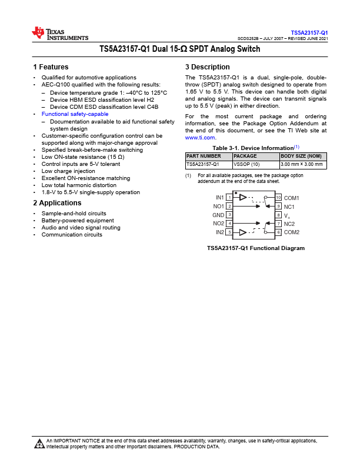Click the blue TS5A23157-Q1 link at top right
coord(309,32)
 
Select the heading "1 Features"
coord(51,67)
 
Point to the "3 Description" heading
coord(207,67)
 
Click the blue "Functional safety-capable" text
coord(75,114)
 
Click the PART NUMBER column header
coord(204,156)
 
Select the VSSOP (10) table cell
coord(246,165)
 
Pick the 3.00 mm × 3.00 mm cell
coord(302,165)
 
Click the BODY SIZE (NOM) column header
coord(301,156)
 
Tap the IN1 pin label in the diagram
coord(219,197)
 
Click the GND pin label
coord(218,215)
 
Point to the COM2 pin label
coord(292,232)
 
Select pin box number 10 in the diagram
coord(279,197)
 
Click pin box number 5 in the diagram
coord(229,232)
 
